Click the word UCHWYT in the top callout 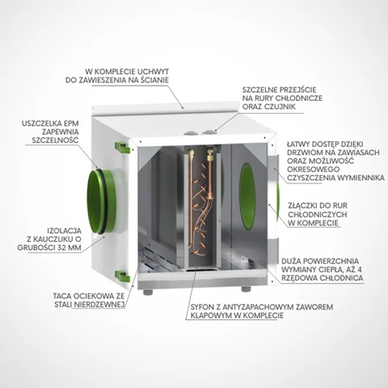pyautogui.click(x=154, y=72)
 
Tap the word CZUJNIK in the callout pyautogui.click(x=279, y=107)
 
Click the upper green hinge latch pyautogui.click(x=122, y=148)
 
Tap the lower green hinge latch pyautogui.click(x=122, y=276)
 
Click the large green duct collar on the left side pyautogui.click(x=102, y=201)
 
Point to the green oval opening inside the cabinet pyautogui.click(x=247, y=196)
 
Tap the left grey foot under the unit pyautogui.click(x=148, y=292)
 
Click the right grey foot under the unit pyautogui.click(x=246, y=289)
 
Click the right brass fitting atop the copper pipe pyautogui.click(x=209, y=154)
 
